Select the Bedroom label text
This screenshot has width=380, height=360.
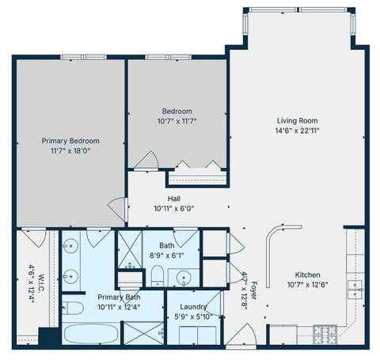[177, 112]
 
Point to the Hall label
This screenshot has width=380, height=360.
[173, 199]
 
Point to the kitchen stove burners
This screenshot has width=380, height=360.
[325, 332]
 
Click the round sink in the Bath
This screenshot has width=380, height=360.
[184, 278]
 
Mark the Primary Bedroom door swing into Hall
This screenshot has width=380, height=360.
[116, 210]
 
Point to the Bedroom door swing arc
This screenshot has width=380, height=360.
[146, 159]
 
